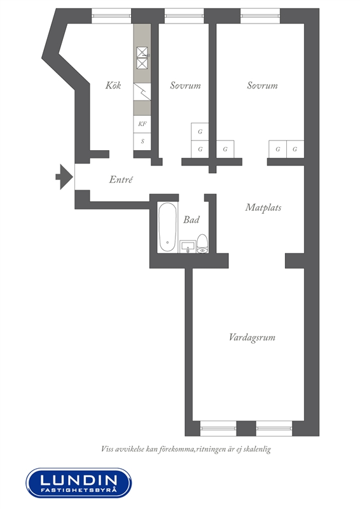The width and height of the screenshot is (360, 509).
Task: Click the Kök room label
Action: (x=113, y=85)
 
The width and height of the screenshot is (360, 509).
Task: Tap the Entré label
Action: (x=121, y=179)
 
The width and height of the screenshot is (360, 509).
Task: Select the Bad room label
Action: (x=191, y=220)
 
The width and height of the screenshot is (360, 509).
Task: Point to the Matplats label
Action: (x=263, y=207)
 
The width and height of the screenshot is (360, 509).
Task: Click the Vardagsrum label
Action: (x=252, y=337)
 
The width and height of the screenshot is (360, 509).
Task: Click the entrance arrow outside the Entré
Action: (x=64, y=177)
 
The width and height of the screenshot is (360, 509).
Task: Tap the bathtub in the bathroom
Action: (x=167, y=227)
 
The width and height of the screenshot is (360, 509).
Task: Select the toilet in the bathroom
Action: (x=202, y=244)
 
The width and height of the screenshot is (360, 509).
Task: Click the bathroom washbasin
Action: (x=188, y=247)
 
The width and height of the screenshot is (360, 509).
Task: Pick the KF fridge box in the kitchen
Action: (x=142, y=124)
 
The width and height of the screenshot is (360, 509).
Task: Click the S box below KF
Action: (x=142, y=141)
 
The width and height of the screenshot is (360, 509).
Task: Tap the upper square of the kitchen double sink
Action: (x=142, y=52)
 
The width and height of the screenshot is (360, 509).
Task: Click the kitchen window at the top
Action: (x=111, y=16)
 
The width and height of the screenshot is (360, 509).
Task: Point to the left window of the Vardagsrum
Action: (x=218, y=428)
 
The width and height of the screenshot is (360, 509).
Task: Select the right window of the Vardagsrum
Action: (x=274, y=428)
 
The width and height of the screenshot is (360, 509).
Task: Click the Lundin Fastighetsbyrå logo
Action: (x=79, y=483)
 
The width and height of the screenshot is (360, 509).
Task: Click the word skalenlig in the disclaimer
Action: (x=258, y=449)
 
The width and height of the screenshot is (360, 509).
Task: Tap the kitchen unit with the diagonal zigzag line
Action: (x=142, y=92)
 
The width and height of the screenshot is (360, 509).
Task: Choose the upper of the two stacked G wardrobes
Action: (x=200, y=132)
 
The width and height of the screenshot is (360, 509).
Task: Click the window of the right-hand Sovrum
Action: (x=260, y=16)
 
